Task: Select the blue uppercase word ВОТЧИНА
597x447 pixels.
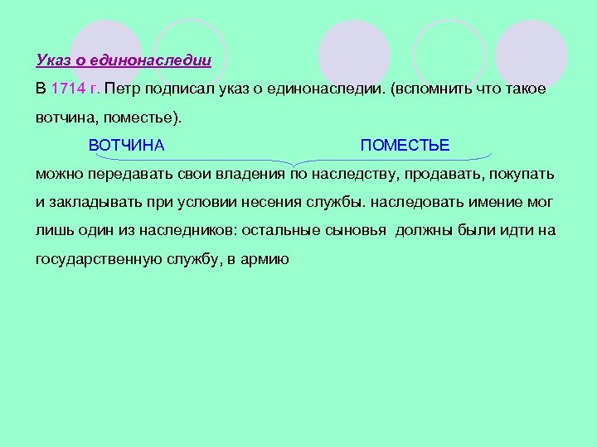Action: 126,146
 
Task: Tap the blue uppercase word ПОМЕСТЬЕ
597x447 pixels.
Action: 405,146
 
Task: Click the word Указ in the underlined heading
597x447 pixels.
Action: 54,60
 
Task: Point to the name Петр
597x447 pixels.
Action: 123,89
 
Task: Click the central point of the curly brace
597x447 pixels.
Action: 293,161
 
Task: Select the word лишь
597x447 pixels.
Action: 52,231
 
